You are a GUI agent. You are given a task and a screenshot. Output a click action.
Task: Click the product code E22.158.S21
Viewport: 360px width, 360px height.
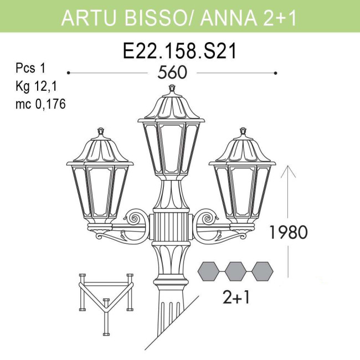point(179,52)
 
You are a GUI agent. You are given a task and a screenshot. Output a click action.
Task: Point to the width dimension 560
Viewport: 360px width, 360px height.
point(172,73)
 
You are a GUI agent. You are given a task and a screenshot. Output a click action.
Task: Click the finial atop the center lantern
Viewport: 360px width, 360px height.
point(172,89)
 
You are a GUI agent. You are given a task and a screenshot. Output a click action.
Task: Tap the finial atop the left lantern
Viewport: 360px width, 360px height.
point(101,132)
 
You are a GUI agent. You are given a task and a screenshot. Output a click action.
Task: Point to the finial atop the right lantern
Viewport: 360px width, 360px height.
point(243,132)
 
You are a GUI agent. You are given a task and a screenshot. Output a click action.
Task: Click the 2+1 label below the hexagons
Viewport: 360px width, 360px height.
point(236,298)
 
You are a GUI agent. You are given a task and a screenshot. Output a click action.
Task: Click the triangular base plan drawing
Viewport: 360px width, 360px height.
point(105,302)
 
